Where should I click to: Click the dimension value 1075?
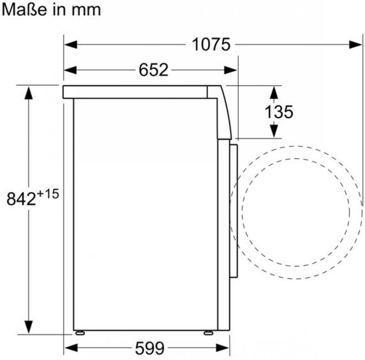pyautogui.click(x=211, y=44)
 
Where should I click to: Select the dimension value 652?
pyautogui.click(x=153, y=70)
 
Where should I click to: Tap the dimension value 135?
pyautogui.click(x=279, y=112)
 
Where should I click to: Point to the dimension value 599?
pyautogui.click(x=150, y=348)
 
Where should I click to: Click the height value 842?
pyautogui.click(x=21, y=199)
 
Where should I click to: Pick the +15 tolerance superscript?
pyautogui.click(x=48, y=194)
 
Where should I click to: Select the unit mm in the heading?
pyautogui.click(x=86, y=10)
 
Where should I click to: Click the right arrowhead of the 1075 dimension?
pyautogui.click(x=355, y=44)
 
